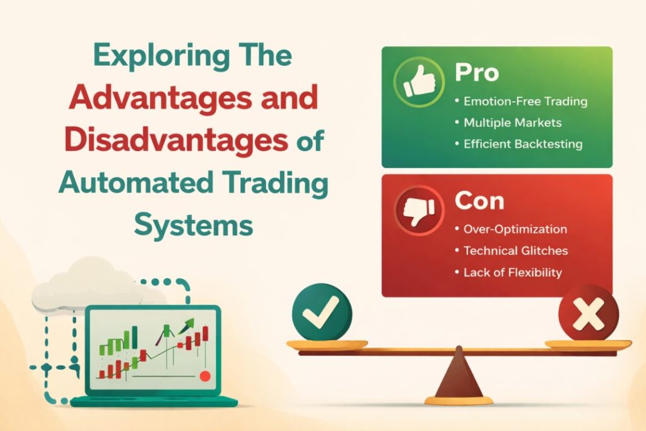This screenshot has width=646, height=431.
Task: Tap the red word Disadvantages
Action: pos(179,140)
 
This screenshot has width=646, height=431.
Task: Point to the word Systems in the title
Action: pos(194,224)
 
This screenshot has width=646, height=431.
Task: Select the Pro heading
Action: pos(476,73)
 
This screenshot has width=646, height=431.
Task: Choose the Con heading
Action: pos(479,201)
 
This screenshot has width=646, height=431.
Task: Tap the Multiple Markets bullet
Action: pos(512,122)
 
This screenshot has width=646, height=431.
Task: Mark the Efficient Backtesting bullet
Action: pos(522,143)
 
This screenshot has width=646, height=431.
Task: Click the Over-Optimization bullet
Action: pos(515,229)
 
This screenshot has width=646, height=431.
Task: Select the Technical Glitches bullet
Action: pos(515,251)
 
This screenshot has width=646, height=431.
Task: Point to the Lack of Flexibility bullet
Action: pos(512,272)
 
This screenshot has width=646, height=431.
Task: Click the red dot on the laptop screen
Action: pos(204,376)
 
